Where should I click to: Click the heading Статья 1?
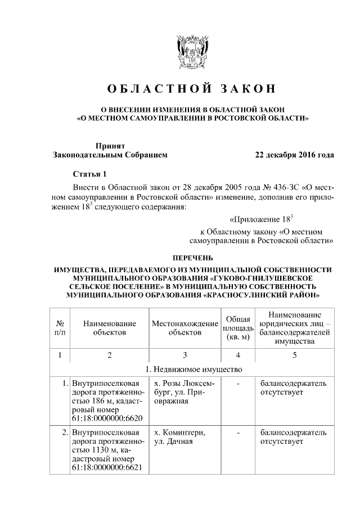pos(89,173)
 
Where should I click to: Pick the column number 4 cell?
pos(237,355)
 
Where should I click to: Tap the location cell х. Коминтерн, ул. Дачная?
pos(179,437)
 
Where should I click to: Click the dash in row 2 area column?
pos(238,433)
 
